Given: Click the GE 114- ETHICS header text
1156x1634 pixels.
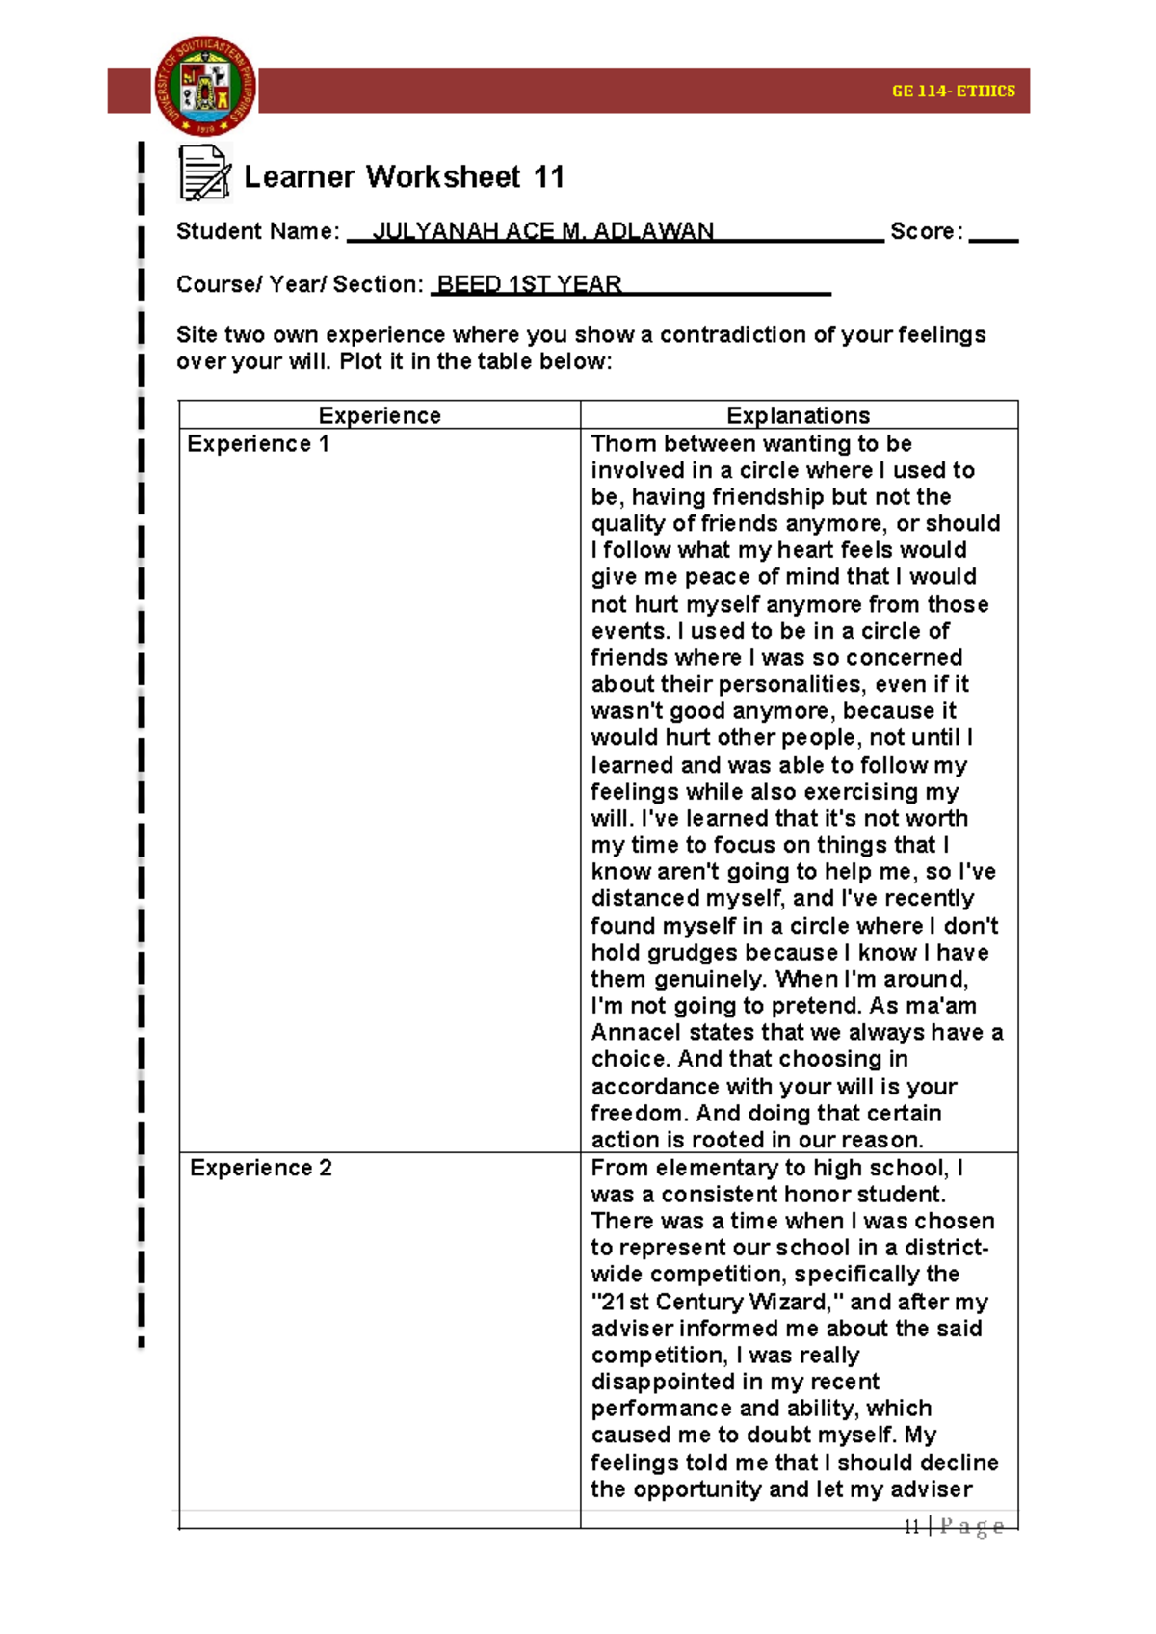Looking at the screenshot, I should pos(953,91).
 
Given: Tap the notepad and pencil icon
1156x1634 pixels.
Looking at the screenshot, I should pos(204,173).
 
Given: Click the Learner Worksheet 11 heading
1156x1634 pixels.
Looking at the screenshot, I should pos(404,177).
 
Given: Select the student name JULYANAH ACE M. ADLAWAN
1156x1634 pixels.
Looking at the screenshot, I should pos(543,231).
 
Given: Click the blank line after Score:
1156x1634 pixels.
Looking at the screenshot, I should pos(992,235).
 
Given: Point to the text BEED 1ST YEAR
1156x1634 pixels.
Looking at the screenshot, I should pos(529,284).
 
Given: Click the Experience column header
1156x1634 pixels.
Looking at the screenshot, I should pos(380,415).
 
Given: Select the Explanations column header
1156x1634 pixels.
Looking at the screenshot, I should pos(798,415).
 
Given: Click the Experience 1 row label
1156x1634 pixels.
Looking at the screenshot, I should pos(258,444).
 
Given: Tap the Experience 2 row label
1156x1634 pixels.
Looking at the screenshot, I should pos(260,1168).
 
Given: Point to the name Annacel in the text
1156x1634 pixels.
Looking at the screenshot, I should pos(635,1033).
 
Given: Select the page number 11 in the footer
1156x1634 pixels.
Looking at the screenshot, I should pos(911,1526).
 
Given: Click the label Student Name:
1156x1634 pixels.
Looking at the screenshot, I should pos(257,231).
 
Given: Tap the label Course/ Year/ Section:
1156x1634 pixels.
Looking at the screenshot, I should pos(300,284).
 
